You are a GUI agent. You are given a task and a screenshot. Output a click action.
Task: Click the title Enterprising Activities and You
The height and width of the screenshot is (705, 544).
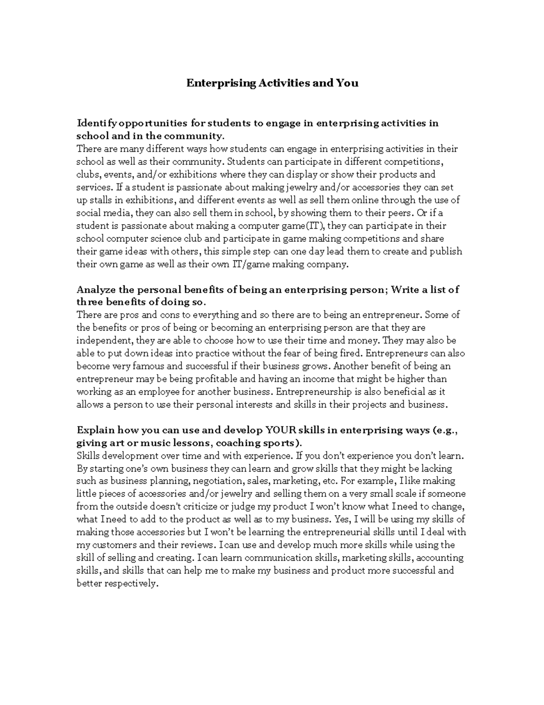click(272, 83)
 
